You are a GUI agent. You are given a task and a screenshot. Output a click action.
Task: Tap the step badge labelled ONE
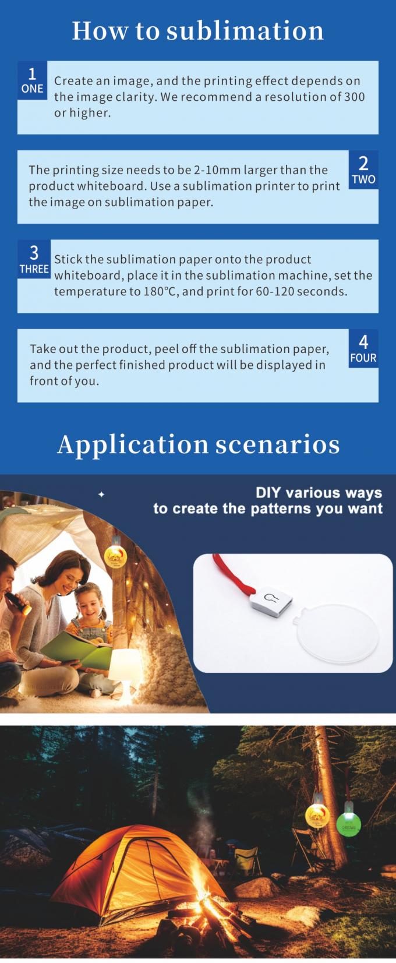pyautogui.click(x=32, y=80)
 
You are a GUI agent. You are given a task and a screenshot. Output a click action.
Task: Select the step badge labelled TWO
pyautogui.click(x=363, y=170)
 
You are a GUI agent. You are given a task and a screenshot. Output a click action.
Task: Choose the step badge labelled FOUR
pyautogui.click(x=363, y=348)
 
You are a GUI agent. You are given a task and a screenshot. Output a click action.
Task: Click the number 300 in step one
pyautogui.click(x=354, y=97)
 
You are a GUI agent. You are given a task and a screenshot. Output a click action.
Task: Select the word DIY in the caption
pyautogui.click(x=268, y=493)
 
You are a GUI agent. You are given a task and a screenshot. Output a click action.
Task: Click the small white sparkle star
pyautogui.click(x=101, y=495)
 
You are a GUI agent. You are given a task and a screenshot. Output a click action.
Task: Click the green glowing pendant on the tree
pyautogui.click(x=349, y=824)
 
